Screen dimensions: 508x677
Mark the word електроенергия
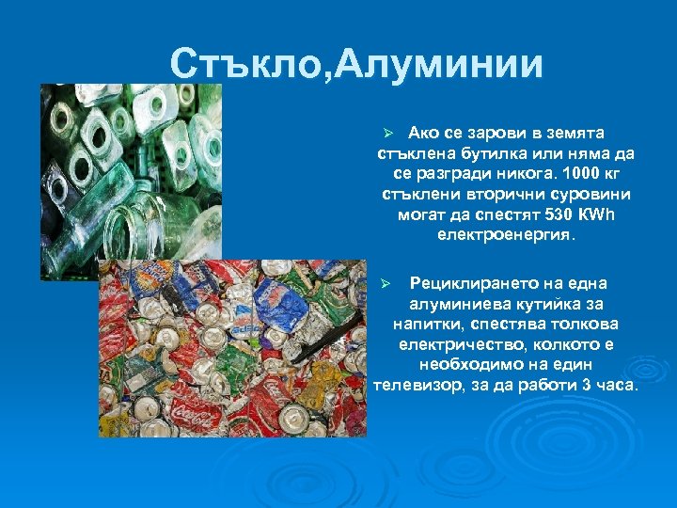point(506,235)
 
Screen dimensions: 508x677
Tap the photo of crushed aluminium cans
point(233,348)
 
